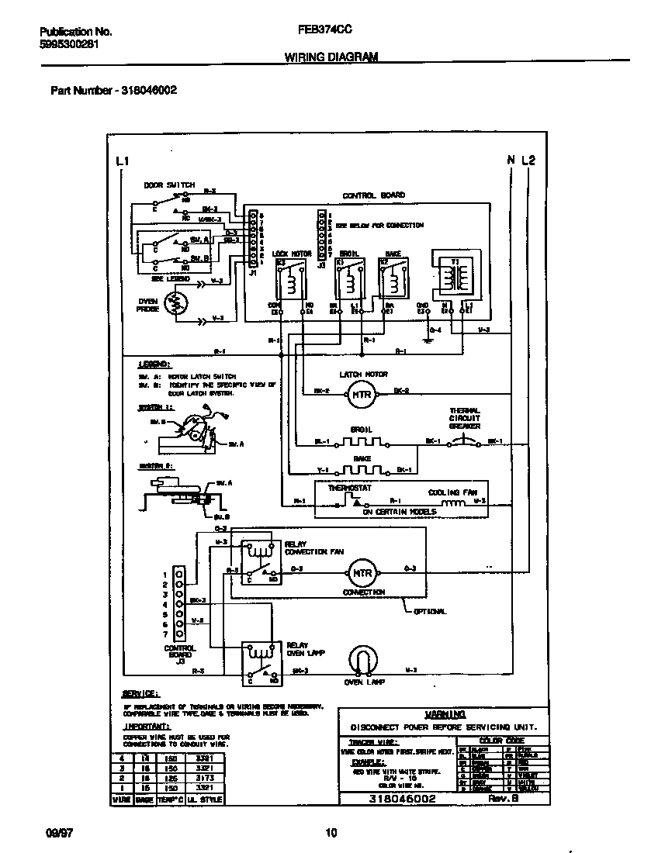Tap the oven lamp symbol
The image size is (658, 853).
(x=361, y=661)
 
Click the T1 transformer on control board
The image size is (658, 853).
(x=455, y=275)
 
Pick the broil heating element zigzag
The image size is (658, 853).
(x=362, y=443)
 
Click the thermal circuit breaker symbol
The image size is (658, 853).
(x=465, y=442)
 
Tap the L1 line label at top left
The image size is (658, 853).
(x=122, y=161)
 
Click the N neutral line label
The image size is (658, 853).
(x=511, y=161)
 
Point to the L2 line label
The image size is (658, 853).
(x=528, y=161)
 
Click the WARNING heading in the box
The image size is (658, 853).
(x=445, y=714)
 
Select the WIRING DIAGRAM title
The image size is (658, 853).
(x=331, y=57)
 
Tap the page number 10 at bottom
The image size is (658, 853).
(x=331, y=834)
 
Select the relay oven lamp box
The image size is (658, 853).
(x=259, y=664)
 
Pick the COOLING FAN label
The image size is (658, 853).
(x=453, y=492)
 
